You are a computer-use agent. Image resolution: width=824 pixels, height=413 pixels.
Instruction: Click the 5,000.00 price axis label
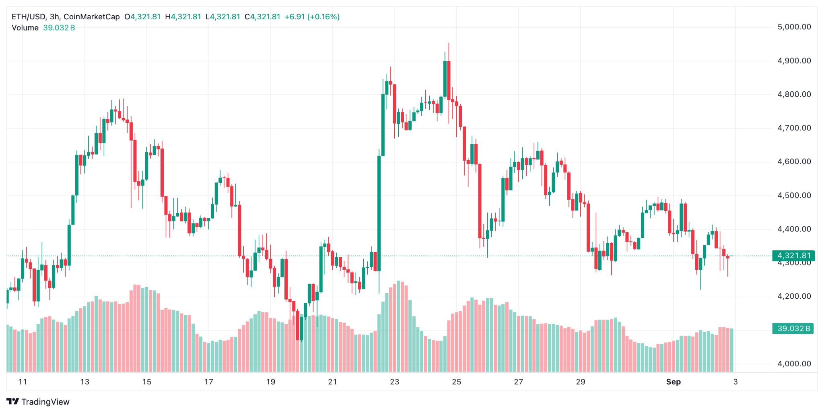[794, 27]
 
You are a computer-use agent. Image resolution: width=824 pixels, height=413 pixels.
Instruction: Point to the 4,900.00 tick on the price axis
[794, 61]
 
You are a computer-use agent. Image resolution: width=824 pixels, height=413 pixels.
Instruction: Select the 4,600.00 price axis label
[794, 161]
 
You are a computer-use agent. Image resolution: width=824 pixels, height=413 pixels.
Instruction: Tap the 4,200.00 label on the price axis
[794, 296]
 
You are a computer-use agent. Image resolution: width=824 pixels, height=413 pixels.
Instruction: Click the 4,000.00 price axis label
[794, 363]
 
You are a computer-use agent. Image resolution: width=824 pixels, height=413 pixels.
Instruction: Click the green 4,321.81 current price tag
[793, 256]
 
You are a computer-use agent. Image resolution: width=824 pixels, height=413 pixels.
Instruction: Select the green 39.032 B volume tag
[793, 328]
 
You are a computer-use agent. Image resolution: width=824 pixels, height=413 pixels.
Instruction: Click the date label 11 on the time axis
[23, 382]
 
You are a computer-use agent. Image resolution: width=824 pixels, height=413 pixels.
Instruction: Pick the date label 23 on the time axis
[394, 382]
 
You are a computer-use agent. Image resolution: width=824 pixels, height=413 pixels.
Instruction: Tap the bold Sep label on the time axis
[673, 382]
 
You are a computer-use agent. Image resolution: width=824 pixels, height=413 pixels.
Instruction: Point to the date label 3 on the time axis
[735, 382]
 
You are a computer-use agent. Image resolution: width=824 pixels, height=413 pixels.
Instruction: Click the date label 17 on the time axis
[208, 382]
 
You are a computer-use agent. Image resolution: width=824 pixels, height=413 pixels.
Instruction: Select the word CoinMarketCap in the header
[92, 17]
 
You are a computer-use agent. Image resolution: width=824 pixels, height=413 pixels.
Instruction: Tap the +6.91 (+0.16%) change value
[312, 17]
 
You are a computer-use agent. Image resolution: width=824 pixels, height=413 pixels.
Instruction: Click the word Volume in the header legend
[25, 28]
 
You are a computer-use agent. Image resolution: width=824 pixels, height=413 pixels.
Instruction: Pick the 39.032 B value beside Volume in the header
[59, 28]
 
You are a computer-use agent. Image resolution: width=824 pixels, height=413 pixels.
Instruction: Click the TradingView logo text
[45, 402]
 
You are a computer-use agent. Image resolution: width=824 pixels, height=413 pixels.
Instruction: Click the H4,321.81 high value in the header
[183, 17]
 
